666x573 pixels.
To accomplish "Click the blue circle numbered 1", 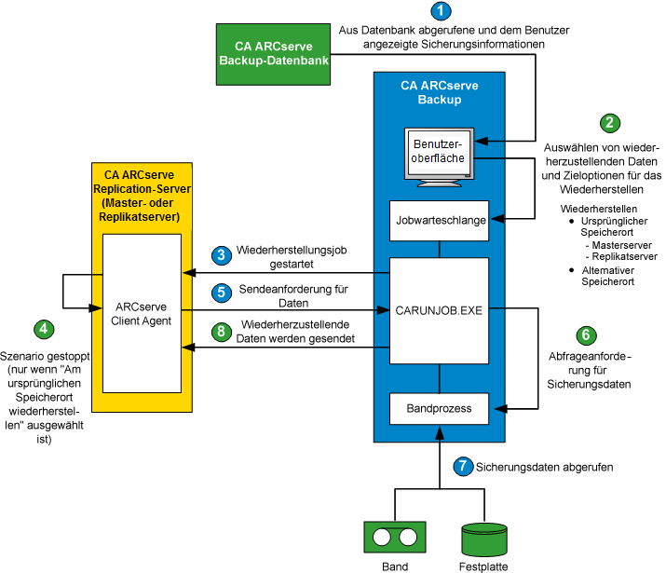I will [x=441, y=12].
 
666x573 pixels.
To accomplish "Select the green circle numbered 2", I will [x=609, y=123].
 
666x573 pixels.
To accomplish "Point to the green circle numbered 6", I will [x=585, y=334].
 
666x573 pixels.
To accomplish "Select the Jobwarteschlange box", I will [x=439, y=221].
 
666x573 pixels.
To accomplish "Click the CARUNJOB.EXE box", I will [x=439, y=309].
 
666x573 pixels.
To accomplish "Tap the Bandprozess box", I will [x=439, y=407].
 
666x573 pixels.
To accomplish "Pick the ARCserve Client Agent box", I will [x=142, y=314].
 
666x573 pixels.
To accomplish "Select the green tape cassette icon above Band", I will [x=395, y=538].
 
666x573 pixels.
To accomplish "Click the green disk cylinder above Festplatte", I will [x=484, y=538].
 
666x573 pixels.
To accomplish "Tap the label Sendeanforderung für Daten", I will [x=287, y=295].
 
